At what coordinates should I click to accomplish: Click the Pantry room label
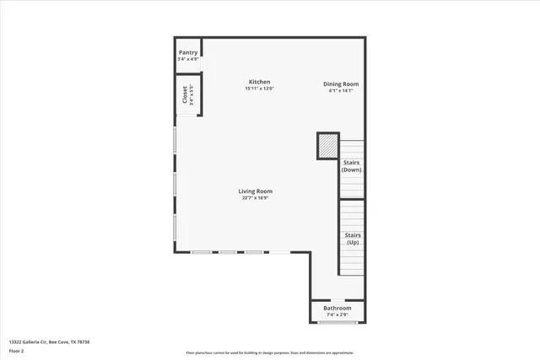tap(188, 52)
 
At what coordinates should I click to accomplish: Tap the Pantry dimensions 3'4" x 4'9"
tap(188, 59)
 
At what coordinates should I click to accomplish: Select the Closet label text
tap(184, 95)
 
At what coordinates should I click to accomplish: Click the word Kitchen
tap(259, 82)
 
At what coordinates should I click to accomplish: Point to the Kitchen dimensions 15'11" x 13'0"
tap(259, 89)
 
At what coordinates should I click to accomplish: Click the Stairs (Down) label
tap(352, 165)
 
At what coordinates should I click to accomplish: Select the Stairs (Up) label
tap(352, 239)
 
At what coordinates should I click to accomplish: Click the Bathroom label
tap(338, 309)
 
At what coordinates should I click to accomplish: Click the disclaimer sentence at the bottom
tap(269, 352)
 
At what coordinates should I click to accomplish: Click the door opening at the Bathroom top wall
tap(337, 300)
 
